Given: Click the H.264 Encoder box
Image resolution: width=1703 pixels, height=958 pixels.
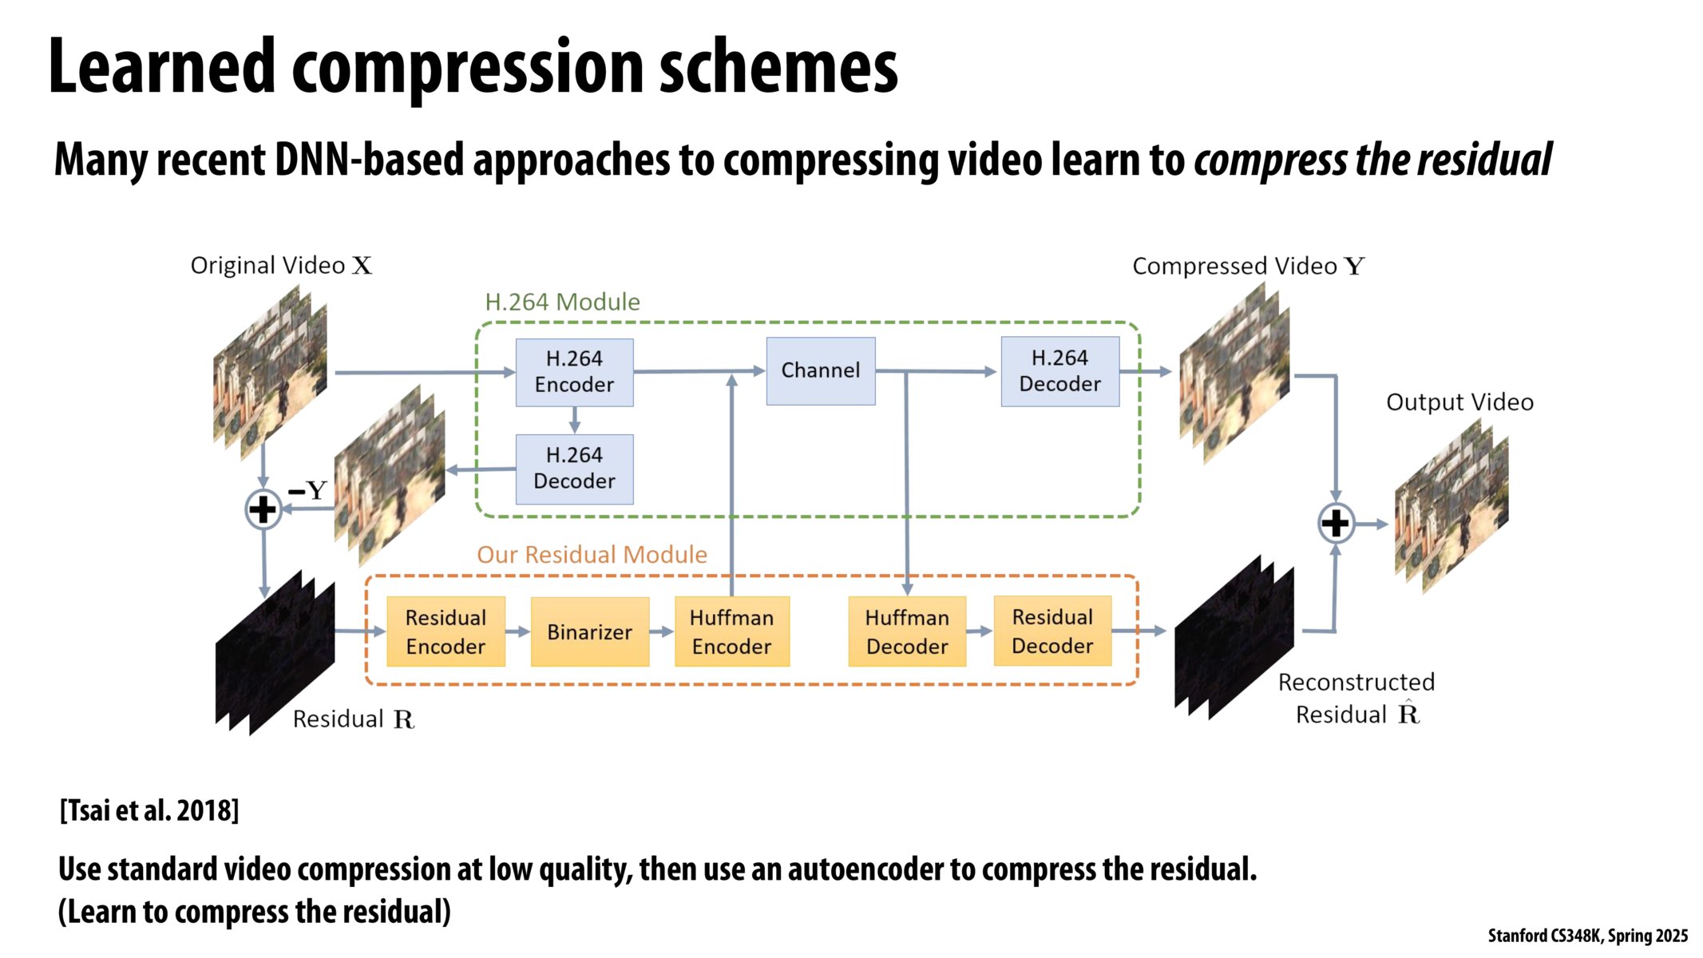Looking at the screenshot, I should point(574,372).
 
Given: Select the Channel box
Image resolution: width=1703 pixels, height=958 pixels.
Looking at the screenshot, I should point(820,370).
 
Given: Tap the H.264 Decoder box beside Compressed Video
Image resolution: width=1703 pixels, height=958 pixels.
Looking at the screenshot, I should point(1059,371).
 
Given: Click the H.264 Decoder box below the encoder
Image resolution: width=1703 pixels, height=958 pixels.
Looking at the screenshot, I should point(574,469).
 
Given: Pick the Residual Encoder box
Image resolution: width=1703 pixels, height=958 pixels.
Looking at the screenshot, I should point(446,631).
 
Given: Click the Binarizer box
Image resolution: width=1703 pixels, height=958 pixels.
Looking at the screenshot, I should point(589,631).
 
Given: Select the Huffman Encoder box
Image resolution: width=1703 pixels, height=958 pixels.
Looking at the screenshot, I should point(731,631).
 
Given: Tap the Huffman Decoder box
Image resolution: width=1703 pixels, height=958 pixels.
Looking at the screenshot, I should point(907,631).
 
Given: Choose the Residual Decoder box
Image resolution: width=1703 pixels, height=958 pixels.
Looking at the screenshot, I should point(1052,631).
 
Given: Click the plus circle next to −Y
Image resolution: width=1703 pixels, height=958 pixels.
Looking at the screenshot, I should point(263,509).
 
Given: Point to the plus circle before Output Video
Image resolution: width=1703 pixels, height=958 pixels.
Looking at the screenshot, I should point(1335,524).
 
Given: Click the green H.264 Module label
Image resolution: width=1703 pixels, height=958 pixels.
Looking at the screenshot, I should point(562,302).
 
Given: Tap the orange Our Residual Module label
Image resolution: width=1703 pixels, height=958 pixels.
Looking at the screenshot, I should point(592,554).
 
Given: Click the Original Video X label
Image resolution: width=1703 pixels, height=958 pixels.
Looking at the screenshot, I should point(281,265).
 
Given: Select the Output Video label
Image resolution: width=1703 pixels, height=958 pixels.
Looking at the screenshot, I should point(1459,402).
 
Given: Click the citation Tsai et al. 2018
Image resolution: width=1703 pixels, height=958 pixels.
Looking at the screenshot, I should point(149,810).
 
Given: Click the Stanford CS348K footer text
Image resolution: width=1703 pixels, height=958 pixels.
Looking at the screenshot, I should point(1587,936).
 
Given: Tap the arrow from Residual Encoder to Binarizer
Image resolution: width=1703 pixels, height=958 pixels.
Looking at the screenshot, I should point(518,631).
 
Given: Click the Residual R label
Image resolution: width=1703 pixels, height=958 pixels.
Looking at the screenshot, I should point(353,718).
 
